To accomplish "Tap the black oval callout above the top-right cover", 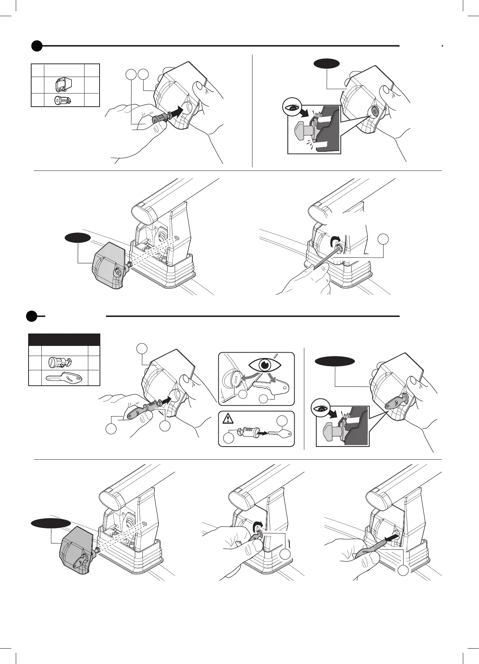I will click(x=326, y=63).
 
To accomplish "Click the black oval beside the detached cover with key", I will click(x=51, y=523).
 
